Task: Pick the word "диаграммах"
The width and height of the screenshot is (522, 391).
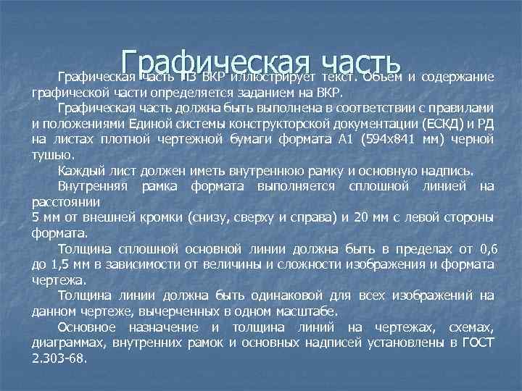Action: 67,343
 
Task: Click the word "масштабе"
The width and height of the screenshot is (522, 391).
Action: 308,311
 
